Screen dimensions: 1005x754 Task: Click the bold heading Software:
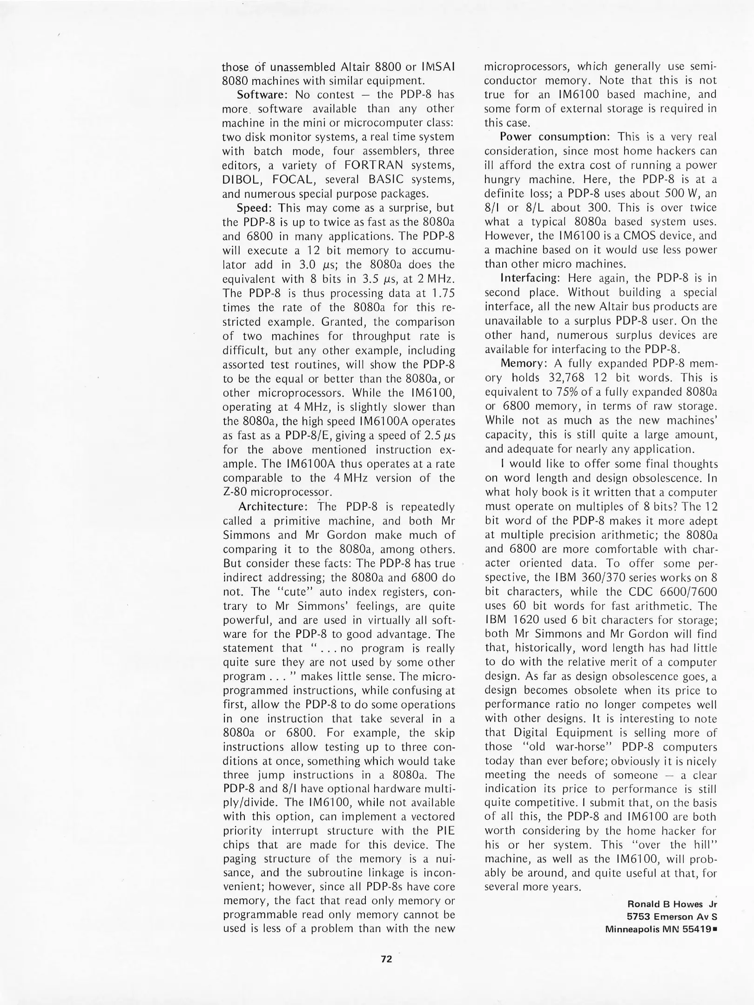pyautogui.click(x=263, y=95)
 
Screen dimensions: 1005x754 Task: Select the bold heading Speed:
pyautogui.click(x=255, y=208)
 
